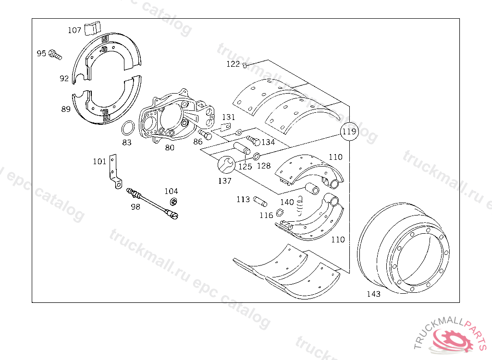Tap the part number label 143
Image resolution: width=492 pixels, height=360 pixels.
[373, 294]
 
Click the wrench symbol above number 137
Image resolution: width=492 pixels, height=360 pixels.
[225, 165]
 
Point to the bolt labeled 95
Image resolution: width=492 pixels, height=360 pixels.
[55, 54]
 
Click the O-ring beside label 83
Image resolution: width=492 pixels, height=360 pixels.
[127, 129]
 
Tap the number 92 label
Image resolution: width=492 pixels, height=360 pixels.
[64, 79]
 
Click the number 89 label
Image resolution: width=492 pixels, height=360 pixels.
[66, 109]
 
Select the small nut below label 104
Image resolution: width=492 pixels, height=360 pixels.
[174, 202]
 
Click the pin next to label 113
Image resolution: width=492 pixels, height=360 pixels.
[260, 199]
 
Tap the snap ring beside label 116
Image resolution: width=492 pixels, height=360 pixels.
[280, 214]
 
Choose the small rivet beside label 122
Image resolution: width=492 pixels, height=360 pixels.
[245, 65]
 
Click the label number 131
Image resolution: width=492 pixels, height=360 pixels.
[228, 117]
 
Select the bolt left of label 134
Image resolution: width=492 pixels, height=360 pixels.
[253, 141]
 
